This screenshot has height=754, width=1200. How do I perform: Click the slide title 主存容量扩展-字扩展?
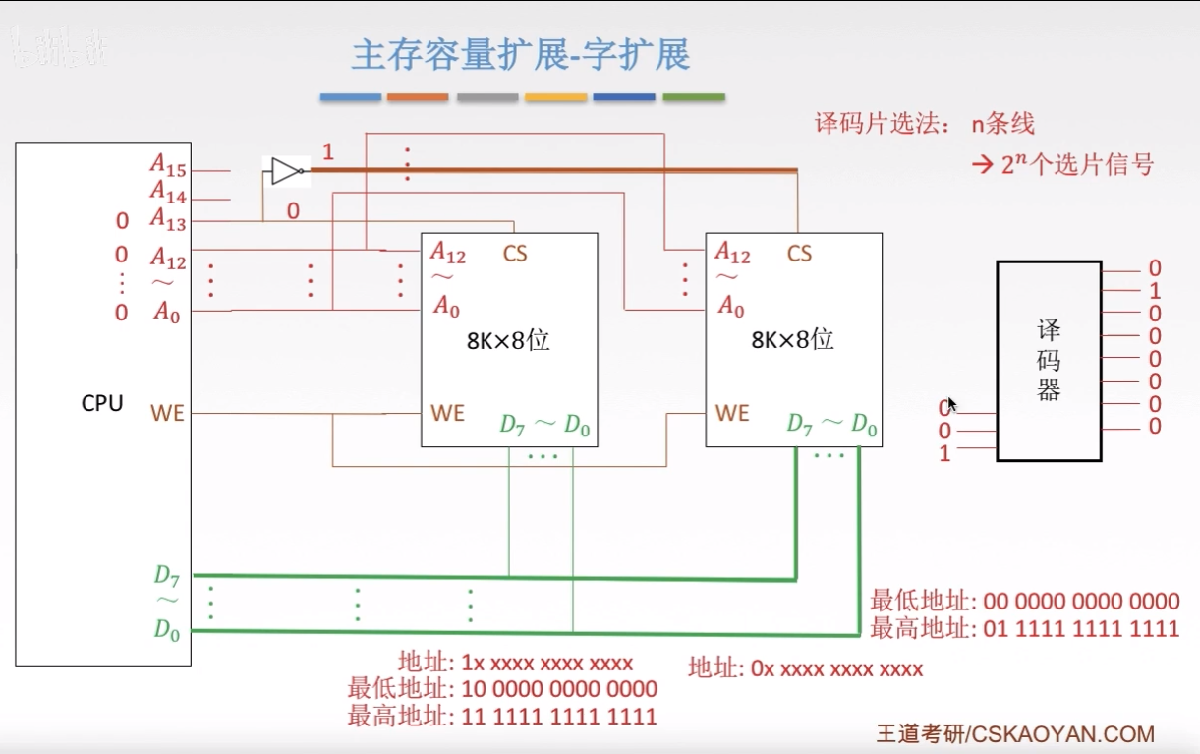pos(521,55)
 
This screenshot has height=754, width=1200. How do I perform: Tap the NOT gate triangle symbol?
pos(285,171)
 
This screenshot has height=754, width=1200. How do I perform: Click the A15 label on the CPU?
pos(168,164)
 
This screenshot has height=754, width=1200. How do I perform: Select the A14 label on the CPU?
pos(168,193)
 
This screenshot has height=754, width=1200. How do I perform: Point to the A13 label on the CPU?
pos(168,219)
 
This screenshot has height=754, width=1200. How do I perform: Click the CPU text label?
pos(102,403)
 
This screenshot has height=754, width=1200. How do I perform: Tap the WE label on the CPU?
pos(167,413)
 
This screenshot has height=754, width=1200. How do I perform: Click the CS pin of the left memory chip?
pos(515,254)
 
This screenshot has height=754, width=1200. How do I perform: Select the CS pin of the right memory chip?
pos(799,254)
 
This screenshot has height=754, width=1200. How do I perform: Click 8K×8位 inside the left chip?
pos(507,341)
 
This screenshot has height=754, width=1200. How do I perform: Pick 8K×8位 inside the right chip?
pos(792,341)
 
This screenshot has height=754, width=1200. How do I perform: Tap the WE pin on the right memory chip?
pos(732,413)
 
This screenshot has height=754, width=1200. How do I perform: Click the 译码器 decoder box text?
pos(1049,360)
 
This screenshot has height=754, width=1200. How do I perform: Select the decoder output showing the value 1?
pos(1155,291)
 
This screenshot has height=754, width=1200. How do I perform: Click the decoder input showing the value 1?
pos(945,453)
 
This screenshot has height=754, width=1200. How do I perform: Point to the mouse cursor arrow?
pos(951,403)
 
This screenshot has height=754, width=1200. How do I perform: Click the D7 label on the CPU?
pos(167,574)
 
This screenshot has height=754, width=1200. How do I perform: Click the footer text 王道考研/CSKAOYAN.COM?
pos(1014,733)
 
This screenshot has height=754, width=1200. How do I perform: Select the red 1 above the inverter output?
pos(328,152)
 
